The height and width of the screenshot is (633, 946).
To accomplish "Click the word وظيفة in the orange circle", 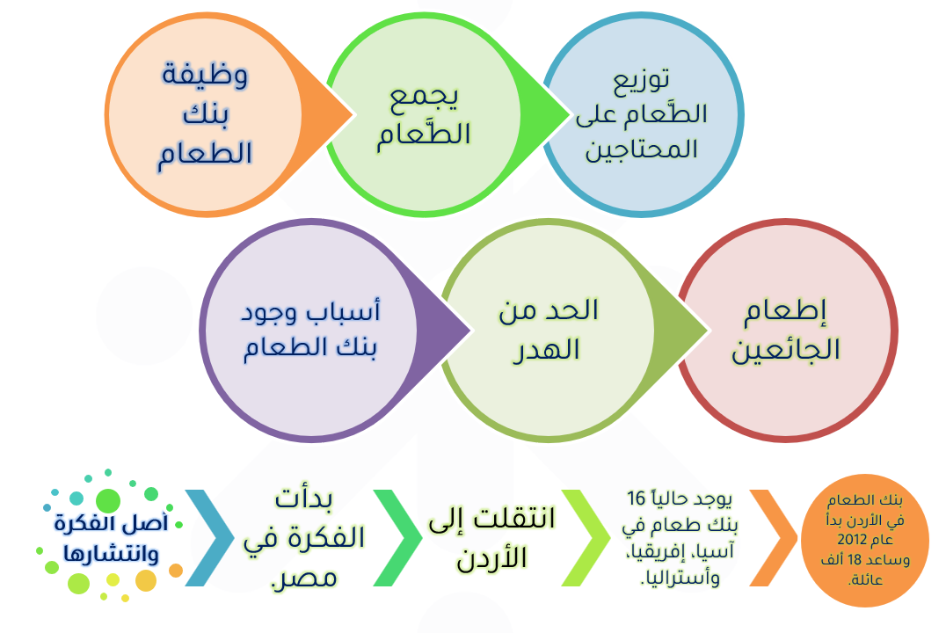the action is [x=205, y=75].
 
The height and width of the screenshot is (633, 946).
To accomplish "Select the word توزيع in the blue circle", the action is [x=641, y=80].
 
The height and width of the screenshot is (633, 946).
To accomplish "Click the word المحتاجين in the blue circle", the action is [x=641, y=149].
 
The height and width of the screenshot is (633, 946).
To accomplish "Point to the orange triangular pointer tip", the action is [x=352, y=114].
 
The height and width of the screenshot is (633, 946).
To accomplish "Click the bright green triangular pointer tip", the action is [x=569, y=114].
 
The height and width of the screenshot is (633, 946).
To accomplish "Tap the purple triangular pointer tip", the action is [x=470, y=330].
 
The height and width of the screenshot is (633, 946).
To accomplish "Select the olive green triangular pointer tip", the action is [x=708, y=330].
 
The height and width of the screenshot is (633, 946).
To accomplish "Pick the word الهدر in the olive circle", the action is [x=546, y=350].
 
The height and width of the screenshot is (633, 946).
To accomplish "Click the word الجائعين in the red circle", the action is [x=785, y=350].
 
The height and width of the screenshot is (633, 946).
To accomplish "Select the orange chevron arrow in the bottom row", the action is [x=775, y=538].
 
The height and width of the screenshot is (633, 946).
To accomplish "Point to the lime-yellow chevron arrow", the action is [x=586, y=538].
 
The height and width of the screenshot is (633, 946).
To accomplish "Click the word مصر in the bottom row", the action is [x=304, y=578].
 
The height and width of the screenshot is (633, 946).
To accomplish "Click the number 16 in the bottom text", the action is [x=637, y=499].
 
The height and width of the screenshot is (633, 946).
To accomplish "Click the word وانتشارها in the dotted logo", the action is [x=111, y=553].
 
